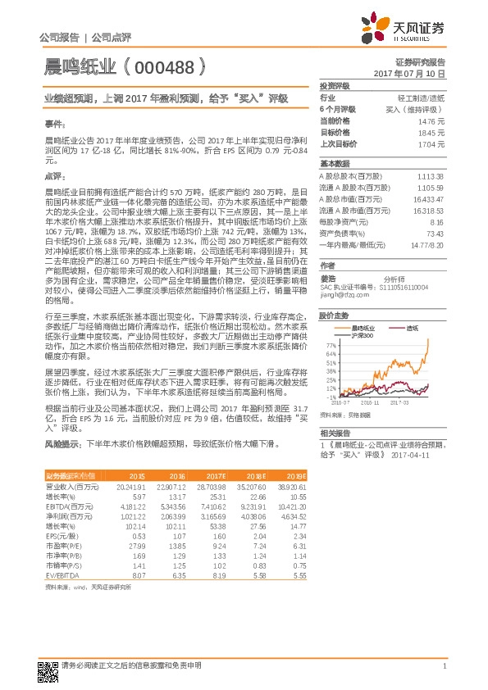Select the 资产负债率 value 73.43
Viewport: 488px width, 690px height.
[436, 234]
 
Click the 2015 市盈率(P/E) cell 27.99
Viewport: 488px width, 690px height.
[136, 547]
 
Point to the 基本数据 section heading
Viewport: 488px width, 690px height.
[335, 163]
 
